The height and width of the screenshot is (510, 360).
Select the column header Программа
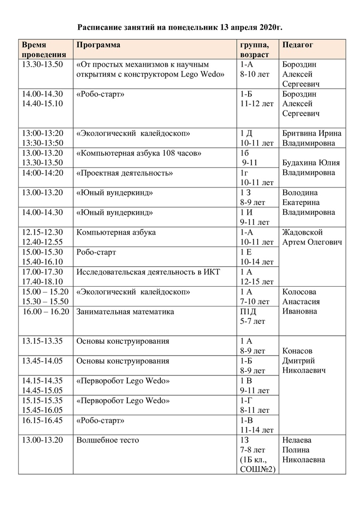tap(98, 45)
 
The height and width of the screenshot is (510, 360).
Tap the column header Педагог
tap(297, 45)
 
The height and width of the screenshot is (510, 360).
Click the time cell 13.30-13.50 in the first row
tap(42, 64)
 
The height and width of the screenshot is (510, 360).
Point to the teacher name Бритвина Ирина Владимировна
tap(311, 138)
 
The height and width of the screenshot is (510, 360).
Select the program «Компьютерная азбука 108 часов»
tap(139, 153)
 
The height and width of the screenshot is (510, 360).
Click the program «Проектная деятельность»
tap(124, 173)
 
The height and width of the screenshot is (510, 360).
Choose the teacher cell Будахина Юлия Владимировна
tap(311, 168)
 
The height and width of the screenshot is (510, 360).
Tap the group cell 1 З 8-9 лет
tap(255, 197)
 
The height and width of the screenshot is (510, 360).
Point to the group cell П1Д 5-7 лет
tap(252, 316)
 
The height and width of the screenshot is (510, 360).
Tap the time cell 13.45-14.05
tap(42, 361)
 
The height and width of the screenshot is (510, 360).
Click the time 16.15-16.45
tap(42, 420)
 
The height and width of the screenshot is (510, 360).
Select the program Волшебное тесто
tap(108, 440)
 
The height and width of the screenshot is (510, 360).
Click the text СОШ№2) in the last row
tap(258, 469)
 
